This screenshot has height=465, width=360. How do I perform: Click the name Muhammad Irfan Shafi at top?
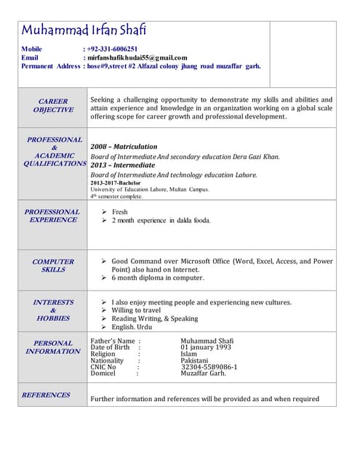[84, 30]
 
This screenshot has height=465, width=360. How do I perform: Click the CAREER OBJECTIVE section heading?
[53, 105]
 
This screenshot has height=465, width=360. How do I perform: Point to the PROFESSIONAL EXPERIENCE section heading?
[52, 216]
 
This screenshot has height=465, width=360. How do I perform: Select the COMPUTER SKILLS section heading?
[53, 265]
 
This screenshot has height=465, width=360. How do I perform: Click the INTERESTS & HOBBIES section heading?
[53, 310]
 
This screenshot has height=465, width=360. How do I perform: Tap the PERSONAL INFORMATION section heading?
[53, 347]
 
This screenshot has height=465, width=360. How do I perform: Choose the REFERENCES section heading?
[46, 395]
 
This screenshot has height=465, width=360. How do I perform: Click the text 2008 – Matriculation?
[124, 147]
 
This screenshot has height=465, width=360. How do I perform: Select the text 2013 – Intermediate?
[123, 165]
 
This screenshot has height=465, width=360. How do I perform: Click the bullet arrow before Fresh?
[105, 212]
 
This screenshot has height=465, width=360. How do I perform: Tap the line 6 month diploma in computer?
[158, 278]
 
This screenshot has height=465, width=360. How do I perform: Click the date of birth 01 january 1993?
[207, 347]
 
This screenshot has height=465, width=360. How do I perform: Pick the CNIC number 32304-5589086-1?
[209, 367]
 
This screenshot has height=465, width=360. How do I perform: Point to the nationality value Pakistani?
[194, 360]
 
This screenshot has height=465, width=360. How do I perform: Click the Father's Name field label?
[113, 341]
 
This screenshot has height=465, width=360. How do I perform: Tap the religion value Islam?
[188, 354]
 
